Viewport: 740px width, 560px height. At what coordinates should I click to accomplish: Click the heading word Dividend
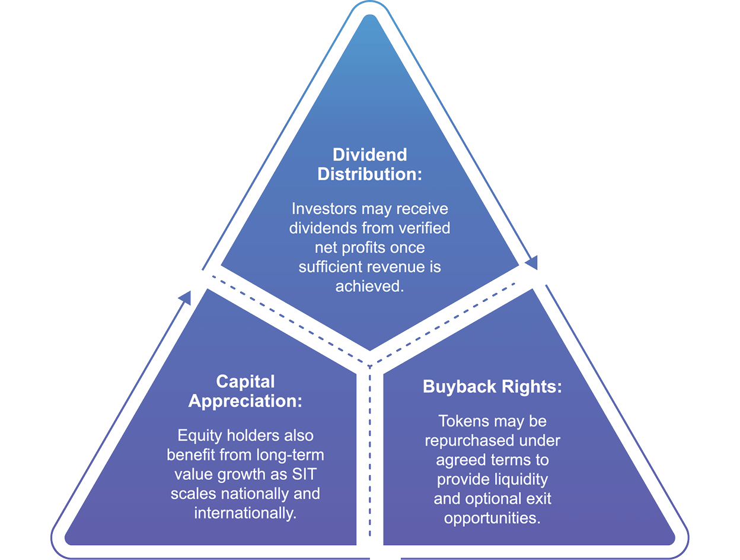point(369,155)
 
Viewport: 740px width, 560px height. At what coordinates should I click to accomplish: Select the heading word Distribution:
point(369,174)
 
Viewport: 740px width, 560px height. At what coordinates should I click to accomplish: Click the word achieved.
point(369,286)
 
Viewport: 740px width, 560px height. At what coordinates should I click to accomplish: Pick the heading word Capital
point(245,381)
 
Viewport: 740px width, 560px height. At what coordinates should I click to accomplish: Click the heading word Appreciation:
point(245,400)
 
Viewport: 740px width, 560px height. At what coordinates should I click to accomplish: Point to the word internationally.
point(245,513)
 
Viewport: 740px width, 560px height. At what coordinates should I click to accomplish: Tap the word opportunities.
point(492,518)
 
